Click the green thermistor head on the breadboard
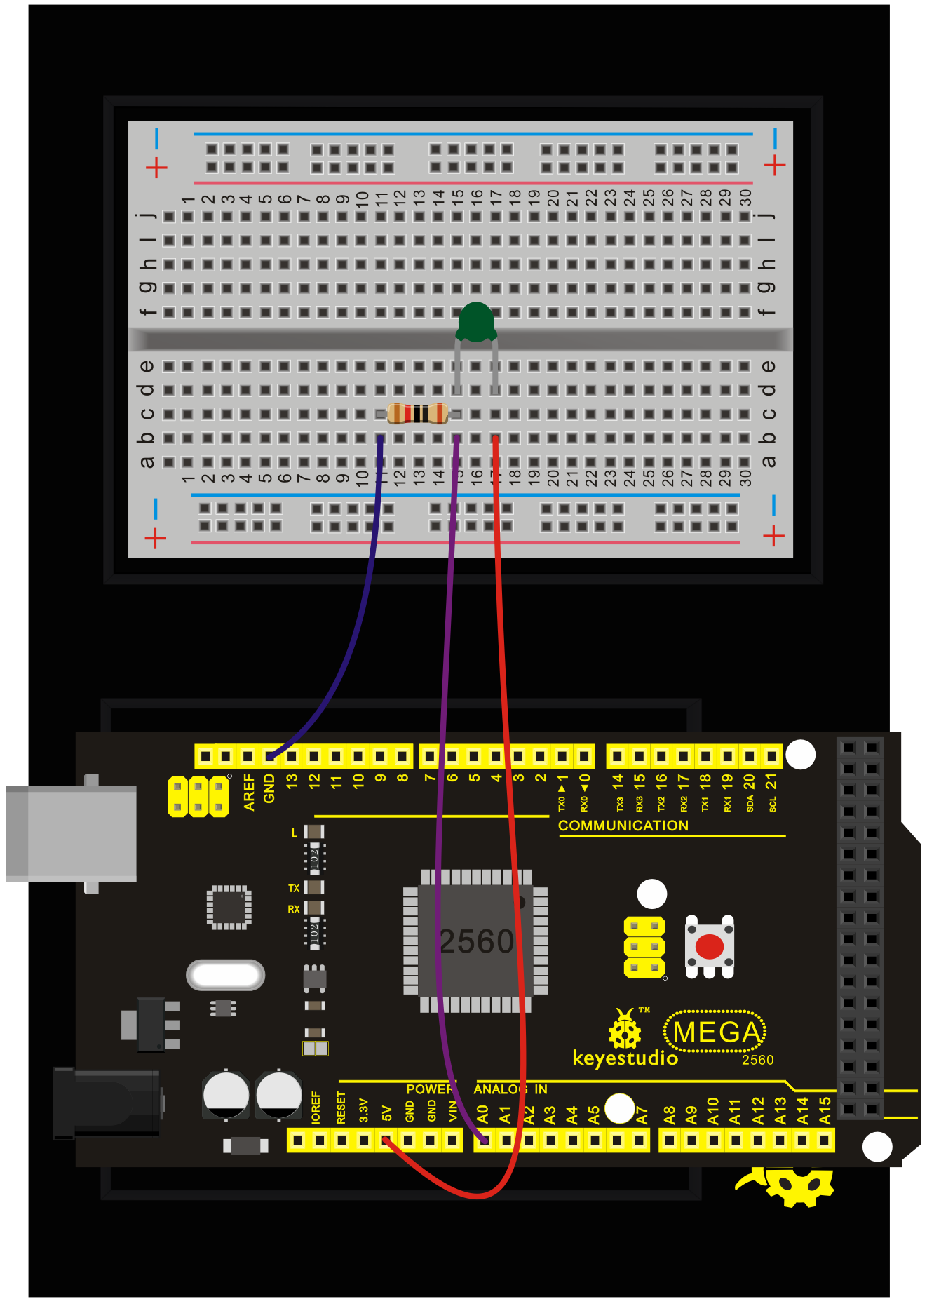point(476,321)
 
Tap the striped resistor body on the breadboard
point(417,414)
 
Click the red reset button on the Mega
point(710,946)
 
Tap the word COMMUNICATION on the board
point(623,826)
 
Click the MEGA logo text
point(716,1032)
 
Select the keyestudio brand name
point(625,1058)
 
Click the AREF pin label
point(249,792)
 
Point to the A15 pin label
point(825,1110)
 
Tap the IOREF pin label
point(316,1107)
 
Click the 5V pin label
point(386,1113)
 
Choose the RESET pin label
point(341,1108)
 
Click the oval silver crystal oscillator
point(226,975)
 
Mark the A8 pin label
point(670,1114)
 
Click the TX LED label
point(294,888)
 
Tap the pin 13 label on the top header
point(292,779)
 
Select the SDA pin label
point(750,803)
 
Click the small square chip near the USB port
point(229,907)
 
